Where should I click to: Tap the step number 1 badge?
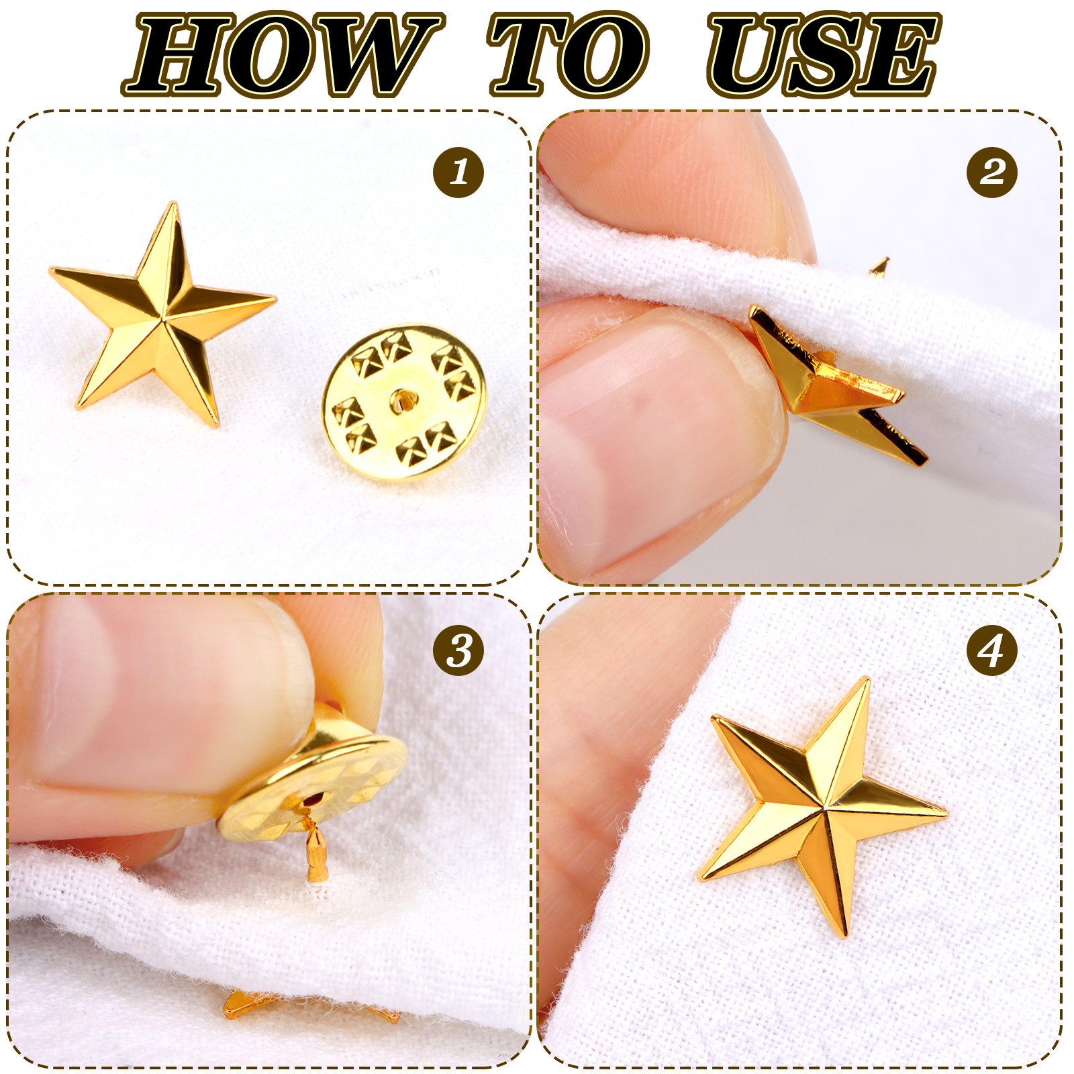tap(458, 172)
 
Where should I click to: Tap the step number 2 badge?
tap(992, 172)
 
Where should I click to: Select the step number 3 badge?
tap(458, 650)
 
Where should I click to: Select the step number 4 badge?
tap(992, 650)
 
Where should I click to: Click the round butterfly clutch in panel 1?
tap(404, 403)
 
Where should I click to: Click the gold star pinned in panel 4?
tap(822, 805)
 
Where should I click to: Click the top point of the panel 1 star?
tap(174, 203)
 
